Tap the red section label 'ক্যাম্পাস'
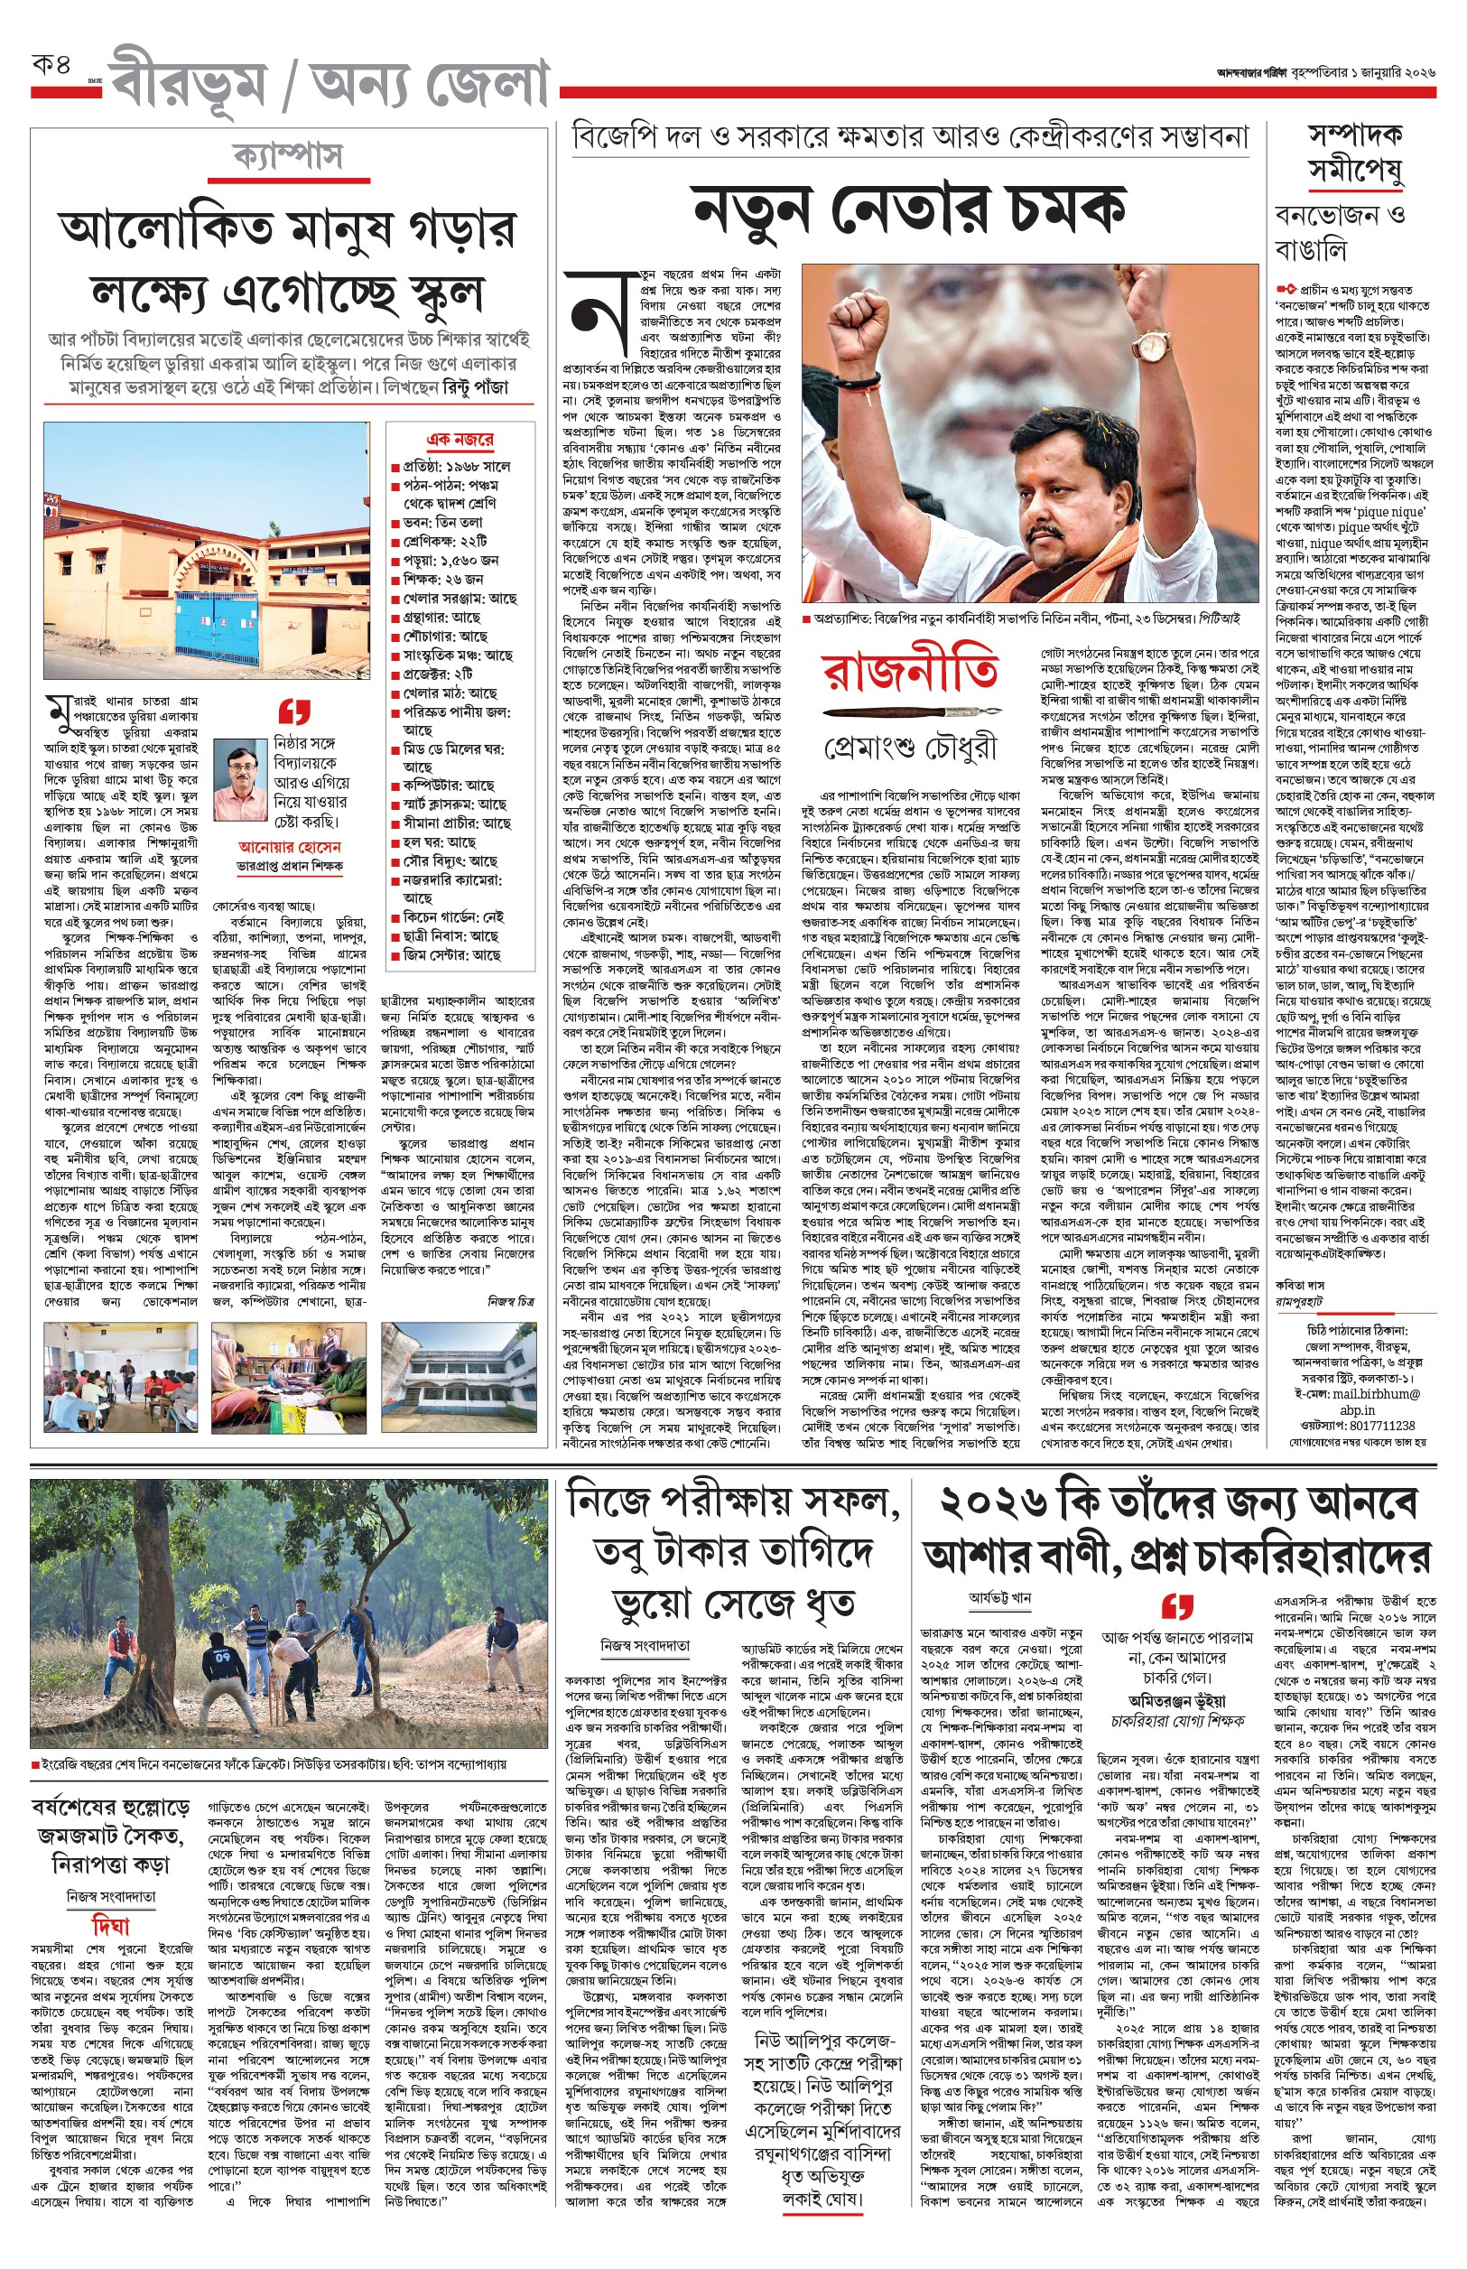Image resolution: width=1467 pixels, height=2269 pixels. coord(288,154)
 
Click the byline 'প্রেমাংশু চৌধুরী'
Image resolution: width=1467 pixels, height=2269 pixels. coord(911,749)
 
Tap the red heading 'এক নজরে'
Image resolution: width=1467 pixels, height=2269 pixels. coord(460,439)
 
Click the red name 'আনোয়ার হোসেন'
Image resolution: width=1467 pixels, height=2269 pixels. coord(290,846)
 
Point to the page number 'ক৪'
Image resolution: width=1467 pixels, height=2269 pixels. coord(52,68)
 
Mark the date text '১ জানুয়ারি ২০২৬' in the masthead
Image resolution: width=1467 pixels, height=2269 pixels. coord(1392,72)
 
